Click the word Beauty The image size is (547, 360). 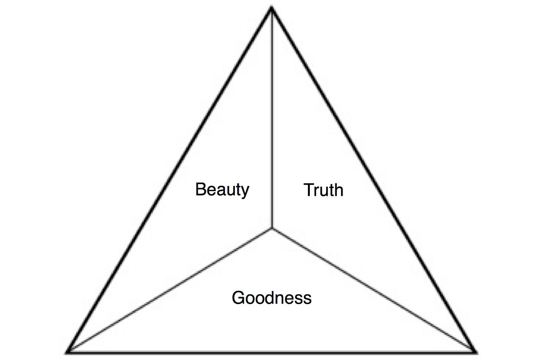tap(222, 190)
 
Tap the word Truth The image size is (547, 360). tap(324, 190)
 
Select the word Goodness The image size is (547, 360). tap(272, 298)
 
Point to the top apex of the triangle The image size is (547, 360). tap(272, 8)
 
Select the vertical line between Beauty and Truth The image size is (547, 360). tap(272, 117)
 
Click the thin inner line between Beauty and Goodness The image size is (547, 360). tap(170, 289)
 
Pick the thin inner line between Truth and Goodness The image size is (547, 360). tap(373, 289)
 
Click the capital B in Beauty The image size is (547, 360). tap(200, 189)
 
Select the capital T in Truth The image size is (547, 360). tap(309, 190)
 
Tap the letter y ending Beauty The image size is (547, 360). tap(245, 192)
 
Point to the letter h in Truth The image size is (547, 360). tap(338, 190)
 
